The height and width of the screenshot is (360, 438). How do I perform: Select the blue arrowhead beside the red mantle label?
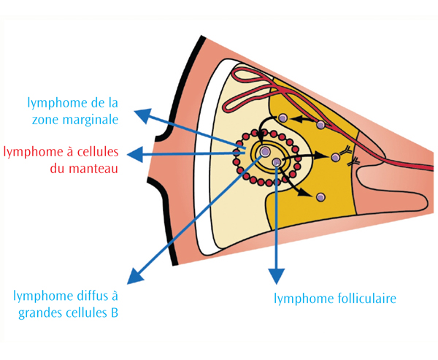pos(132,154)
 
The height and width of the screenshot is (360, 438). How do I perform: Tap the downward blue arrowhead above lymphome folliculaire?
pos(276,275)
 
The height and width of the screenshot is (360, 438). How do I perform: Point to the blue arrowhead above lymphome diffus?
pos(133,277)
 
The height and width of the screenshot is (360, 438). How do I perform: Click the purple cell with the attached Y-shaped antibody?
pos(335,157)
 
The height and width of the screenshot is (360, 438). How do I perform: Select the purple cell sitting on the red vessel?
pos(320,126)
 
